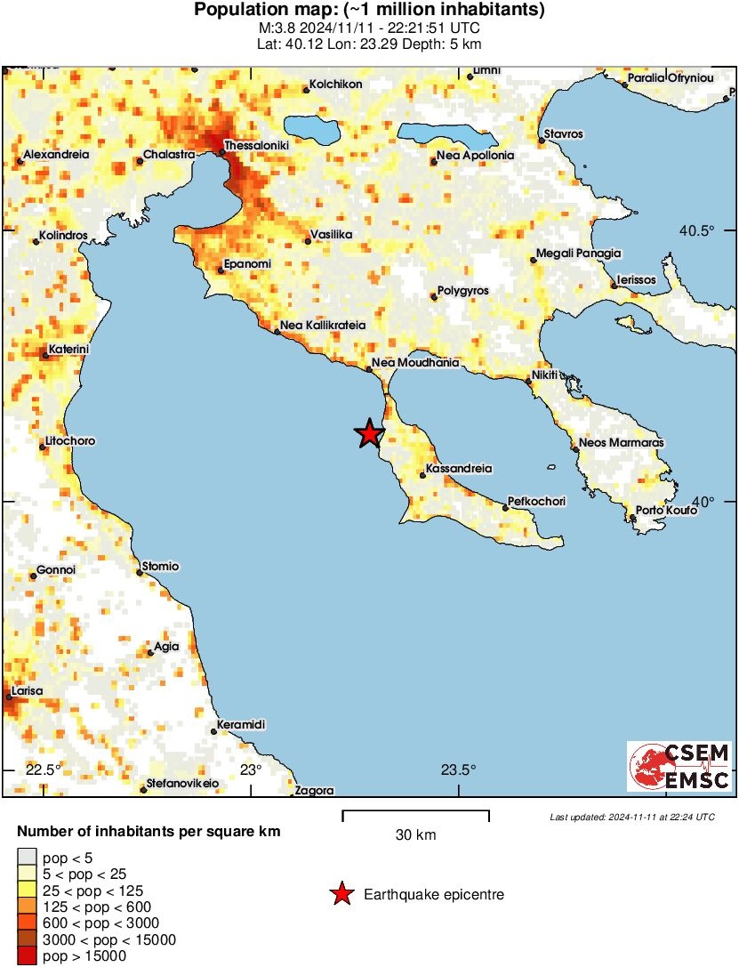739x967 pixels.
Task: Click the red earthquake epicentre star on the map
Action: point(369,433)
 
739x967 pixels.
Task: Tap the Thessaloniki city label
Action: point(256,145)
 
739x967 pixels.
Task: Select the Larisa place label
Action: point(26,690)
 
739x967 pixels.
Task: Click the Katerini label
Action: point(68,349)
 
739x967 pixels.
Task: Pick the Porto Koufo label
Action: point(662,509)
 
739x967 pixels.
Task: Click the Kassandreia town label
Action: point(460,468)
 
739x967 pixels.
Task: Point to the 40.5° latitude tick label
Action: point(697,230)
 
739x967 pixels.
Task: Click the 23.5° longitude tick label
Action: point(459,770)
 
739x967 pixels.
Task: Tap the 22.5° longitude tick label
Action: point(43,770)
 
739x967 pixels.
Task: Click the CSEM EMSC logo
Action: point(680,766)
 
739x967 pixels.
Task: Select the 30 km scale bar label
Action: point(415,835)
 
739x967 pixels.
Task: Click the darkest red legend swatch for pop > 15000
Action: point(27,955)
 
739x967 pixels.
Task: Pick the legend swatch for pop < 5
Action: point(27,858)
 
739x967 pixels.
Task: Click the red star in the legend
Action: point(341,894)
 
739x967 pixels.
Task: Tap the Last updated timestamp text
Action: point(631,816)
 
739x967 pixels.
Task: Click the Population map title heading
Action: point(369,11)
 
